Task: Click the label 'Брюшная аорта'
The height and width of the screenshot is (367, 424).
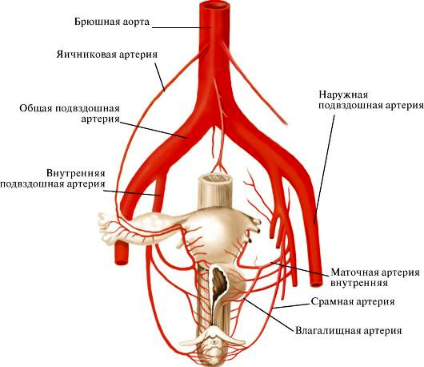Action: [x=112, y=22]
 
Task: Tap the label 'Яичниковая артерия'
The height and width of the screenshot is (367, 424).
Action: [x=107, y=54]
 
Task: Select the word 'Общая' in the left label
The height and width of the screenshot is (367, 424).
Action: [x=36, y=108]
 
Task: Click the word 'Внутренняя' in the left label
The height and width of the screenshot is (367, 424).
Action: [x=76, y=173]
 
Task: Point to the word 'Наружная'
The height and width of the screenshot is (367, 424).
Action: [x=343, y=95]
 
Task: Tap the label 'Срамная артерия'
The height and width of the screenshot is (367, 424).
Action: [x=353, y=301]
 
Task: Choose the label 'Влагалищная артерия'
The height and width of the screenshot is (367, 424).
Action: [x=349, y=331]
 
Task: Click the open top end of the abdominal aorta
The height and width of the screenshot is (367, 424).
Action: [x=215, y=6]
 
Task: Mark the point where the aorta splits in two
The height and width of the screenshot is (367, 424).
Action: [x=215, y=125]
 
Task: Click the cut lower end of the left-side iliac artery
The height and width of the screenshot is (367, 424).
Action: [x=121, y=262]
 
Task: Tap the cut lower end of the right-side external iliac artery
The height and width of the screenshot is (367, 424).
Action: [x=316, y=284]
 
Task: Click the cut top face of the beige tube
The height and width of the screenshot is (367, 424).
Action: [x=215, y=179]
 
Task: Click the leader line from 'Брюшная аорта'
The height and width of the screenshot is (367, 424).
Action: [x=182, y=27]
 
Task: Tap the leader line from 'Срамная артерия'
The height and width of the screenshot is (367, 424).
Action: [x=291, y=306]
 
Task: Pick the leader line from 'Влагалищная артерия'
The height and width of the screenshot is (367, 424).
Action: [x=268, y=314]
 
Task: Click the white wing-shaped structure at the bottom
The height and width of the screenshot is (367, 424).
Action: [x=214, y=336]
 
